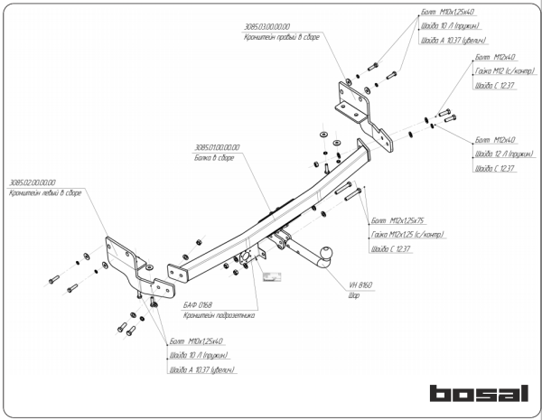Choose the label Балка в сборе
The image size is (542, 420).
[213, 157]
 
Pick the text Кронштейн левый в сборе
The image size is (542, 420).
[45, 193]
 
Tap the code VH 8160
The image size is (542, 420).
[360, 285]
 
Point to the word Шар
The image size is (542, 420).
[352, 294]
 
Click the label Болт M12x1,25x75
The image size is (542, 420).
[397, 220]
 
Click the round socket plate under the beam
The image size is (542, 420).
[246, 259]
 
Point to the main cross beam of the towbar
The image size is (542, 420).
[271, 212]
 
